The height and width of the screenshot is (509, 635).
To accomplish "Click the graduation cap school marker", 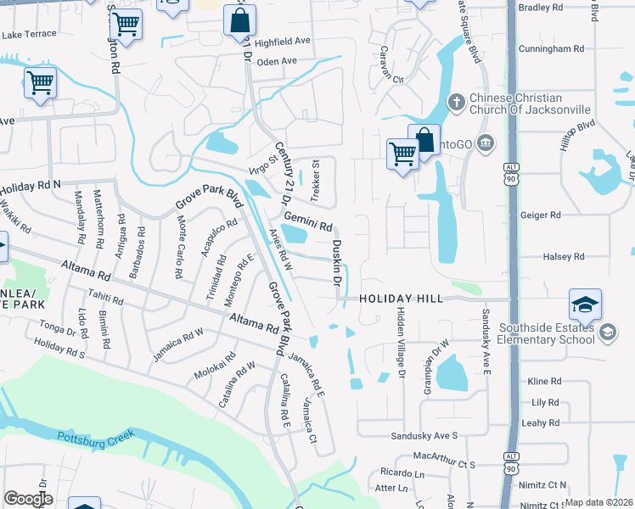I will coord(586,305).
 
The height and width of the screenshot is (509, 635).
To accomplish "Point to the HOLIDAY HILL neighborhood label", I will coord(401,299).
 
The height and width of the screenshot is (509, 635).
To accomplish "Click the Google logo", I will coord(27,499).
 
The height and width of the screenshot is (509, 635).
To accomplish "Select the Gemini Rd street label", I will coord(307,221).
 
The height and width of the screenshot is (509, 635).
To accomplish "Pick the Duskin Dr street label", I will coord(336,262).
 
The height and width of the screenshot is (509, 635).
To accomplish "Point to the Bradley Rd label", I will coord(541,8).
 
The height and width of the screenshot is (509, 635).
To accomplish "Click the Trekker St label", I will coord(314,180).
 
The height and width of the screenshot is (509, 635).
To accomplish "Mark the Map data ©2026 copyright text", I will coord(599,502).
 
